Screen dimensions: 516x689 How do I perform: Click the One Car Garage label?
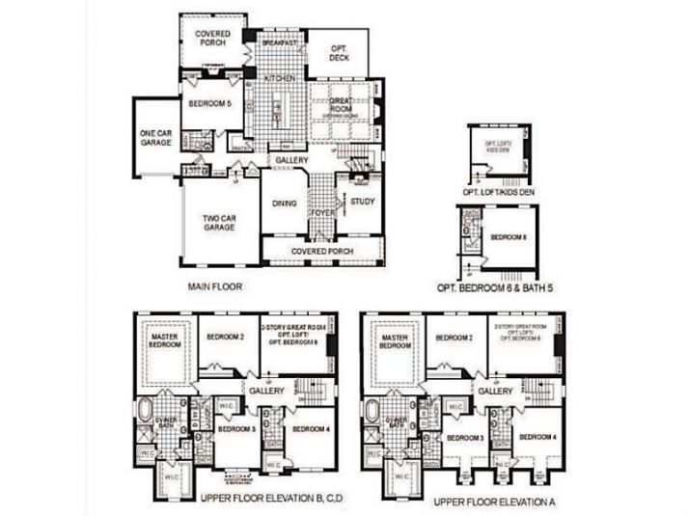(x=155, y=138)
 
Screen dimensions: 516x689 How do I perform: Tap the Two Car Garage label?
(x=219, y=224)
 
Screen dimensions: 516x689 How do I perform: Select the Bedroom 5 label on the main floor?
(x=209, y=103)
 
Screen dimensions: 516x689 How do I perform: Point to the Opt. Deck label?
(x=339, y=53)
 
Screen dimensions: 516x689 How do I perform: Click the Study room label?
(x=362, y=202)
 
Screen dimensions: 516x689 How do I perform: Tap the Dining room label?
(x=284, y=204)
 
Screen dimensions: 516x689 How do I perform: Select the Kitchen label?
(x=280, y=77)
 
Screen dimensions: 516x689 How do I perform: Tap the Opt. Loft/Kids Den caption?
(x=499, y=192)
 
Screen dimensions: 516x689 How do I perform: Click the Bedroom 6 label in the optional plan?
(x=508, y=236)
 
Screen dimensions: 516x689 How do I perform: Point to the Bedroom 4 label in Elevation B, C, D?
(x=312, y=428)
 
